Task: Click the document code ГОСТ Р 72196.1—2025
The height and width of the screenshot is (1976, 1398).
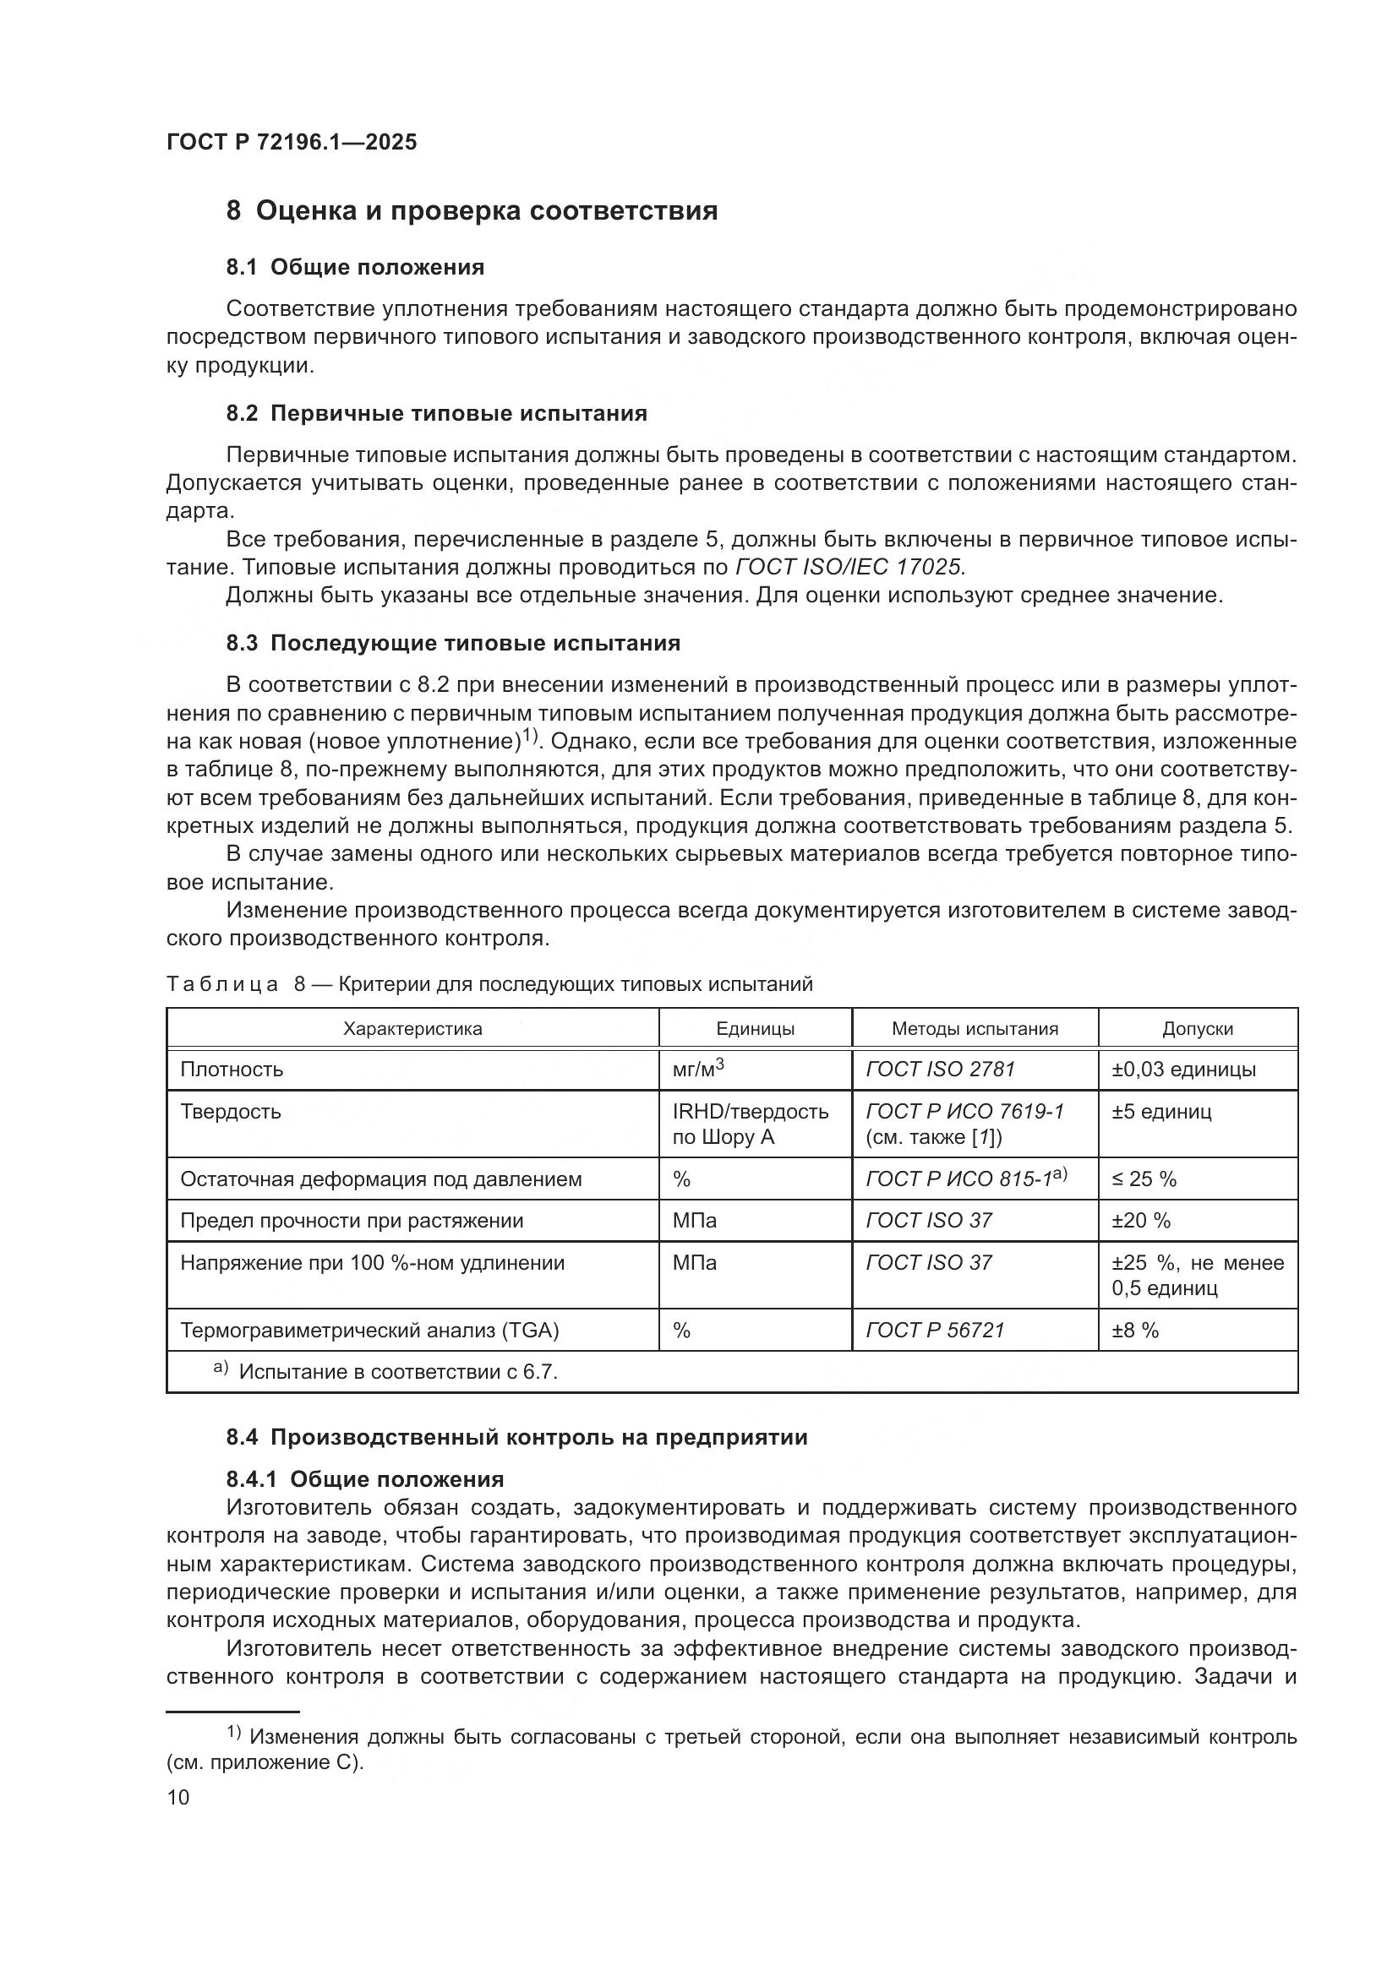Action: click(x=291, y=142)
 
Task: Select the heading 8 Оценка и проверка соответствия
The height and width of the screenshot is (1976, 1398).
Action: click(x=471, y=211)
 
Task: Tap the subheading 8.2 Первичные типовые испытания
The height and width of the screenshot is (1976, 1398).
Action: click(x=435, y=413)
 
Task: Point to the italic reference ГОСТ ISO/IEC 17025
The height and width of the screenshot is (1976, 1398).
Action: click(x=850, y=567)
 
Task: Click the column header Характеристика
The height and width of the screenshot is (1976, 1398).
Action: click(x=412, y=1028)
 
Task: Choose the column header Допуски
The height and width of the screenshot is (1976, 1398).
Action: click(x=1197, y=1028)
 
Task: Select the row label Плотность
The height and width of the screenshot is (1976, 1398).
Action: click(x=232, y=1070)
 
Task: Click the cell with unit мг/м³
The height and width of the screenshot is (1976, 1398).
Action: click(x=697, y=1069)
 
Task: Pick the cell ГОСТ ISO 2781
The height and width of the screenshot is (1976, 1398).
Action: click(x=940, y=1070)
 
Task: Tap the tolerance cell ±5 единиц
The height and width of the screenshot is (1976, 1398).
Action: click(x=1160, y=1112)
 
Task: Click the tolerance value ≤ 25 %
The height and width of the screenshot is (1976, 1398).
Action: click(x=1144, y=1179)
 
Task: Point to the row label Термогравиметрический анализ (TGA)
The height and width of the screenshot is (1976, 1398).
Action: click(x=369, y=1331)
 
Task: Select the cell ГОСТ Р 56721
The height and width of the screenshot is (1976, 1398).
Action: click(x=935, y=1331)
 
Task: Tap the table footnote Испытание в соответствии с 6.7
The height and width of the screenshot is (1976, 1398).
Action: click(x=397, y=1372)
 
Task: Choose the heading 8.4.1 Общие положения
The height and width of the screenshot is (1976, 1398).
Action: click(x=365, y=1479)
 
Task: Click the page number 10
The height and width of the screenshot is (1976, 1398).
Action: click(x=178, y=1797)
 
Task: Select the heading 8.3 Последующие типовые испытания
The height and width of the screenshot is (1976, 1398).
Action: click(x=453, y=643)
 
